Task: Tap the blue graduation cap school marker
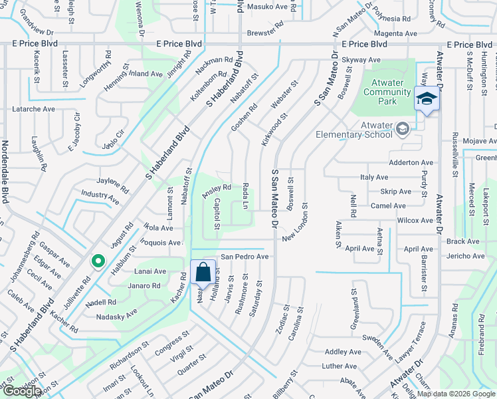[x=426, y=100]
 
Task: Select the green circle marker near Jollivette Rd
[x=98, y=261]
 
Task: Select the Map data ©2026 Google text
[x=456, y=394]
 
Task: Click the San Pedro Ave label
[x=245, y=256]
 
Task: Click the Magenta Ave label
[x=397, y=33]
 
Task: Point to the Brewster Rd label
[x=265, y=31]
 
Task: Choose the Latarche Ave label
[x=34, y=108]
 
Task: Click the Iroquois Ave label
[x=160, y=243]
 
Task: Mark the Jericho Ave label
[x=466, y=256]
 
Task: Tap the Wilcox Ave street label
[x=415, y=220]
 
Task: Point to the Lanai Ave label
[x=150, y=271]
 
